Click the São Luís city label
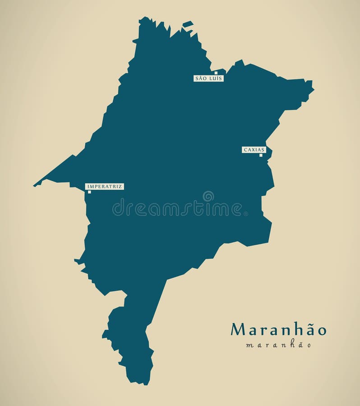coord(208,78)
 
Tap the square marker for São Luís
coord(216,73)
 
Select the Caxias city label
coord(254,150)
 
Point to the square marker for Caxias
coord(261,155)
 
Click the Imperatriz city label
coord(104,186)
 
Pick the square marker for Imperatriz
coord(89,192)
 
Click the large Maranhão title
coord(278,330)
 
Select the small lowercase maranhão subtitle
coord(278,346)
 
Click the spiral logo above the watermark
coord(208,196)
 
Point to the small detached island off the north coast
coord(188,24)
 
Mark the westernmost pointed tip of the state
coord(34,185)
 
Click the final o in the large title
coord(321,331)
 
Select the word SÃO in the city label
coord(200,78)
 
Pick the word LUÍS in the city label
coord(215,78)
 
